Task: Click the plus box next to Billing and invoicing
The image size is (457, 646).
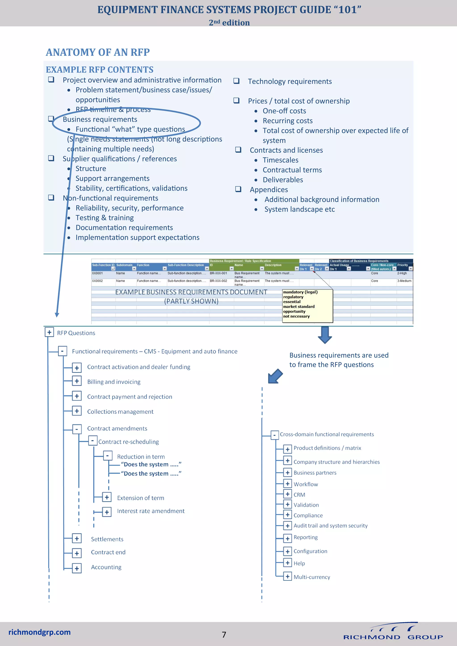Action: pos(77,381)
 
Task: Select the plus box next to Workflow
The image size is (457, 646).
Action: pos(287,484)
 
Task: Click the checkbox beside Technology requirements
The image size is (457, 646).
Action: pos(236,81)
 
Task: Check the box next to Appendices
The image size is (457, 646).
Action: pos(238,189)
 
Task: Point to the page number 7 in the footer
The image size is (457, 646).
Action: pos(224,634)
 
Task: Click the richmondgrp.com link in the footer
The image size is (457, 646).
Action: pos(39,632)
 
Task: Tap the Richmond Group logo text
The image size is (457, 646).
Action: pos(393,637)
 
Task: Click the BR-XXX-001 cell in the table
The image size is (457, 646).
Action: pos(218,273)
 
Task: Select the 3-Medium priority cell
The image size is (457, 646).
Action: pos(404,281)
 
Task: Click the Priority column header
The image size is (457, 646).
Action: pos(402,265)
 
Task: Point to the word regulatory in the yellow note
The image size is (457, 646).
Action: pos(293,297)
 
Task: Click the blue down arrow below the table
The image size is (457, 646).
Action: pos(325,335)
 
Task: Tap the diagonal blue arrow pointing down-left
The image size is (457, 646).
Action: pos(275,376)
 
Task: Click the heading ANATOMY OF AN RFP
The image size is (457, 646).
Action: pos(98,52)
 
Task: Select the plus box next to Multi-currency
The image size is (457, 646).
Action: pos(287,576)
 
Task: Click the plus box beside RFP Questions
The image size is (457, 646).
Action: pos(49,332)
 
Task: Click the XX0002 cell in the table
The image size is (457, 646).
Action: pos(97,281)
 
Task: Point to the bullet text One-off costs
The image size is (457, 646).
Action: pos(284,111)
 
